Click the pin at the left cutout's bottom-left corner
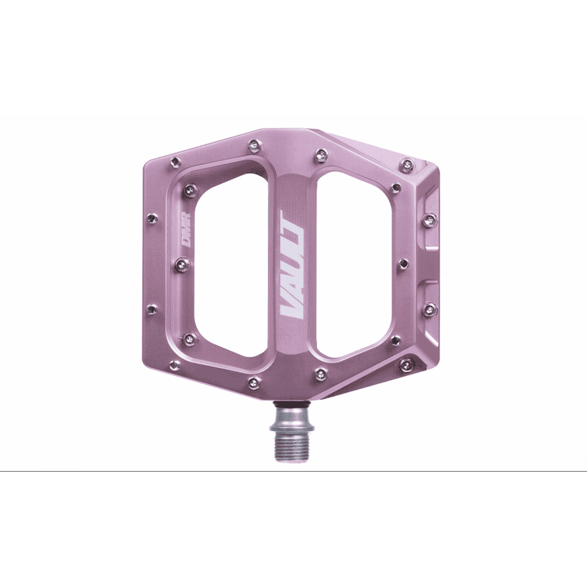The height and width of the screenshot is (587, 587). point(191,337)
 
